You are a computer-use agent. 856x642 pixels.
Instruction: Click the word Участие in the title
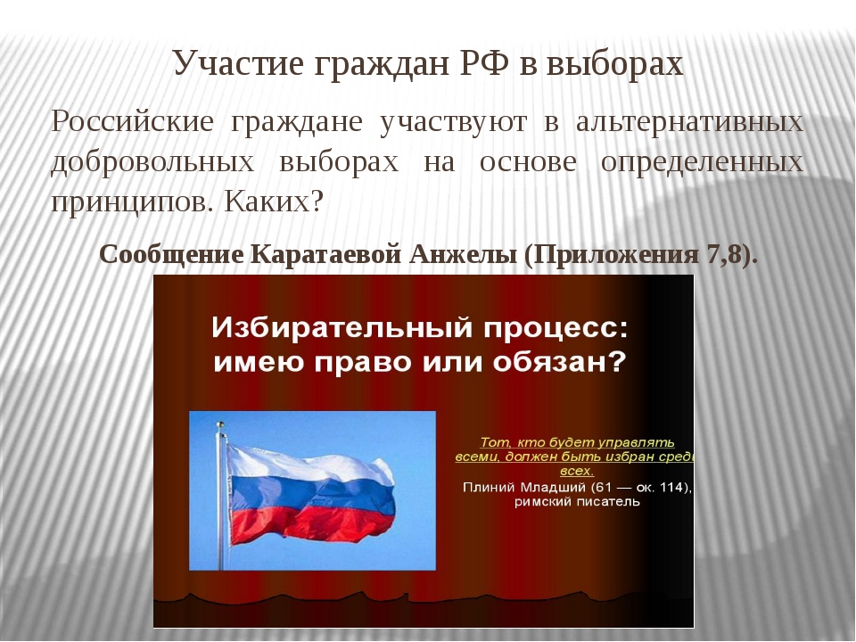(238, 64)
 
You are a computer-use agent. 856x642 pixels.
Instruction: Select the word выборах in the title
(614, 64)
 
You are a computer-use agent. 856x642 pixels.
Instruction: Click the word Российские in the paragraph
(132, 121)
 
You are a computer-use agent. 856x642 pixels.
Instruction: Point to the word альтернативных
(689, 122)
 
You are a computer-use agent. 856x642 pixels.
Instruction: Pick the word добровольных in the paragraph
(152, 162)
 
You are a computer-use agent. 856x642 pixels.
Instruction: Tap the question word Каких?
(274, 202)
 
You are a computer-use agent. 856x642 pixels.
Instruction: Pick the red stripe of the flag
(312, 525)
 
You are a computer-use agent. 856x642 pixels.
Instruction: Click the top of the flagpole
(220, 424)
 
